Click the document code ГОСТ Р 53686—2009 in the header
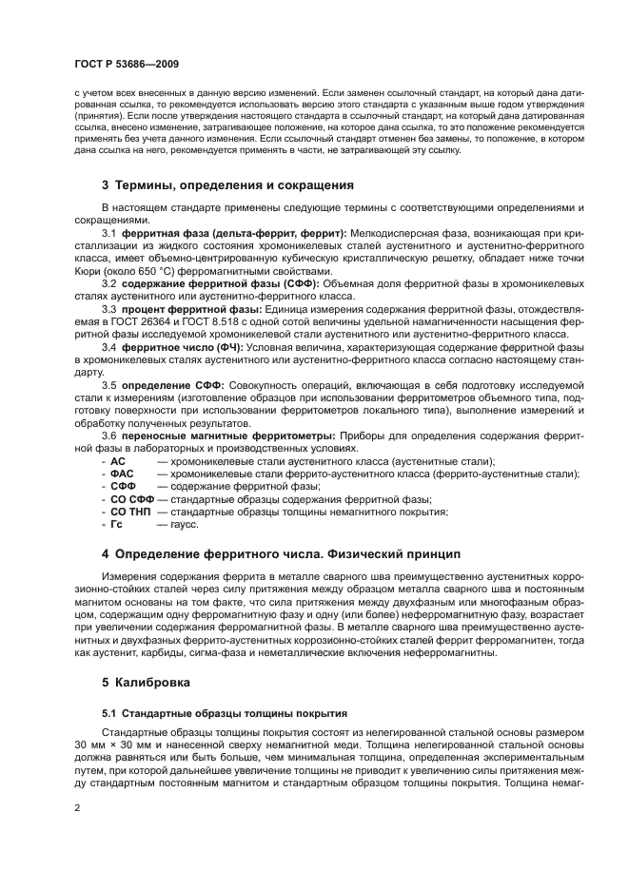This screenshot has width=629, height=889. [x=127, y=63]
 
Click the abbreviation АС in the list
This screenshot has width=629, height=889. [x=118, y=460]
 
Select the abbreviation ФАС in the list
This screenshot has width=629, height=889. [x=122, y=473]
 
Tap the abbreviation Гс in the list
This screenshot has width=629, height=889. [x=117, y=524]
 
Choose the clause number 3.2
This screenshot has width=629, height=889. [x=108, y=283]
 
